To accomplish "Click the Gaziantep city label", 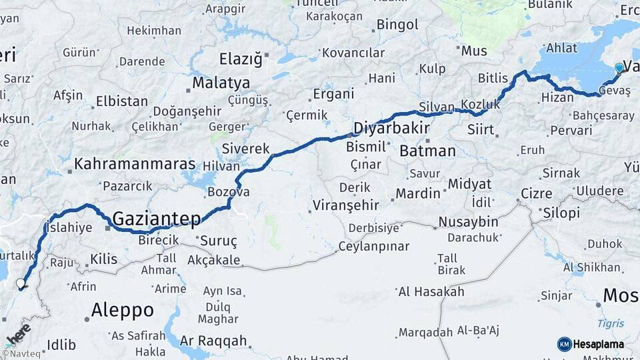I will coord(157,218).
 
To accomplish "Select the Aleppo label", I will coord(122,311).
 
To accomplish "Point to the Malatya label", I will coord(221,83).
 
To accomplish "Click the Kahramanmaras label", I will coord(135,164).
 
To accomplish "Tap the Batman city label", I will coord(427,151).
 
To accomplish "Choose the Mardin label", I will coord(418,194).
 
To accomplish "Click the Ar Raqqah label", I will coord(213,341).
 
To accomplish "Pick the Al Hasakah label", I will coord(431,292).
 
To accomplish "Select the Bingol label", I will coord(397,25).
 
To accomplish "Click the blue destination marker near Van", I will coord(619,67).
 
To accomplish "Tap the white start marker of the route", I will coord(21,284).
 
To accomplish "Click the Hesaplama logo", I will coord(590,344).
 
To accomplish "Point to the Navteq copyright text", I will coord(21,354).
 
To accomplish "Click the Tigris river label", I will coord(611,324).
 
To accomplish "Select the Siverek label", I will coord(245,148).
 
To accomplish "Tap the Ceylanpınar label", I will coord(373,247).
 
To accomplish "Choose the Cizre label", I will coord(536,194).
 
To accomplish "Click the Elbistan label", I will coord(121,102).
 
